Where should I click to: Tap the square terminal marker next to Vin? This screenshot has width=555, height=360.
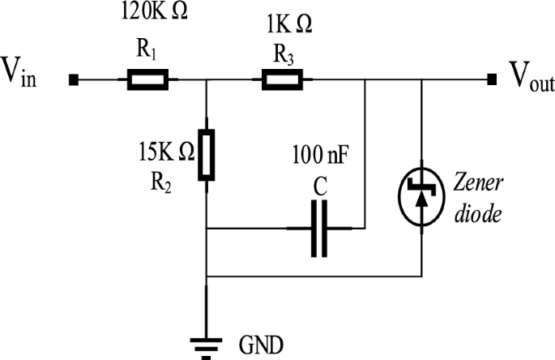(73, 79)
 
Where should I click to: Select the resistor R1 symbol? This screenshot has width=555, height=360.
(146, 79)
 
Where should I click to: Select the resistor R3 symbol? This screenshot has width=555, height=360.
(282, 79)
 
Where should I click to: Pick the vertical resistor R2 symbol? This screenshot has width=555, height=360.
(207, 153)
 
